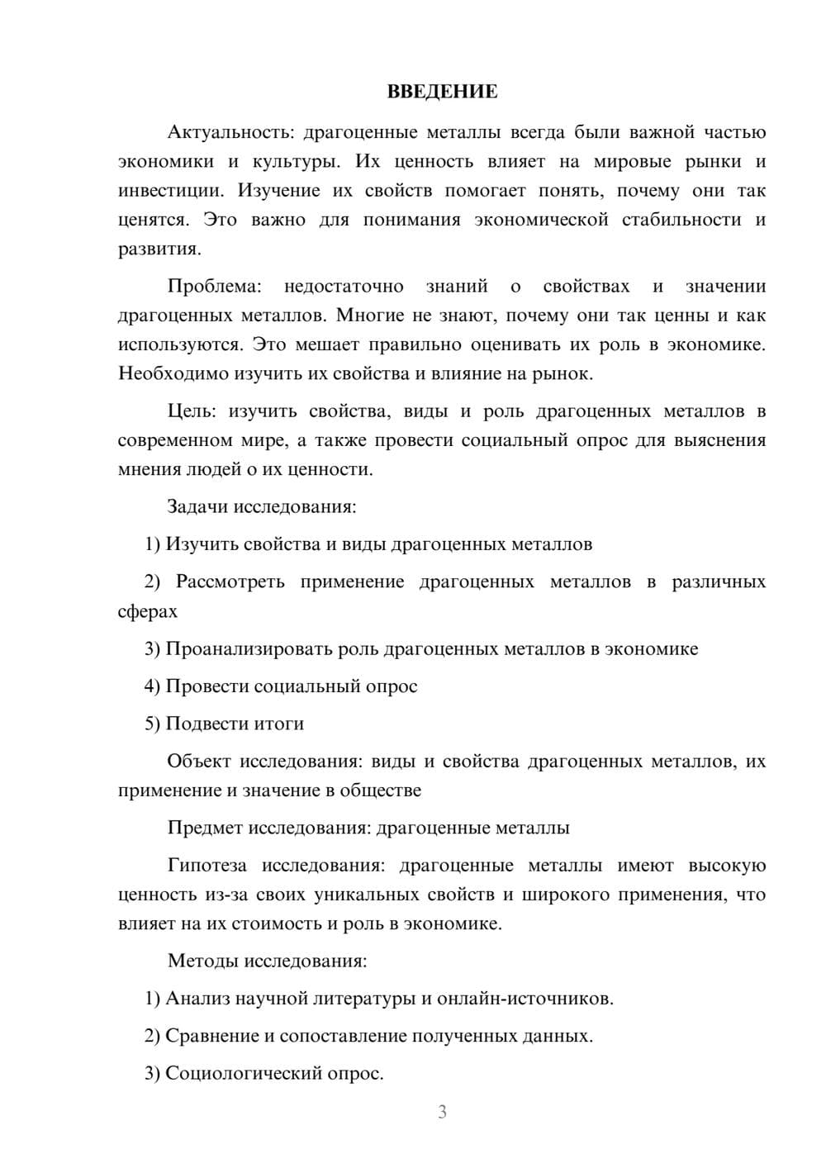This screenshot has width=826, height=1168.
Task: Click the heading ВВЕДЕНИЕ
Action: pyautogui.click(x=442, y=92)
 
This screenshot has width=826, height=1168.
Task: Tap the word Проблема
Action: pyautogui.click(x=214, y=287)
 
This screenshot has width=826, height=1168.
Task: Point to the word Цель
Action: pyautogui.click(x=191, y=411)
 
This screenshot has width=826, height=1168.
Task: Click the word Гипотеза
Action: pyautogui.click(x=206, y=866)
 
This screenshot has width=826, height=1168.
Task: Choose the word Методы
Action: pyautogui.click(x=202, y=961)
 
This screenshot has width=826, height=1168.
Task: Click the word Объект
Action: pyautogui.click(x=199, y=761)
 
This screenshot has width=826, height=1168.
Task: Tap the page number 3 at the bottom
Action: pyautogui.click(x=442, y=1112)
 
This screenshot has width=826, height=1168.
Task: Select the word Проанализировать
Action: pyautogui.click(x=249, y=648)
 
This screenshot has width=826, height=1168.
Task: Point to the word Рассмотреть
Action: pyautogui.click(x=230, y=582)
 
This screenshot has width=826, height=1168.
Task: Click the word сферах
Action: pyautogui.click(x=148, y=611)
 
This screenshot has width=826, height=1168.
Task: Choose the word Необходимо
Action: pyautogui.click(x=173, y=373)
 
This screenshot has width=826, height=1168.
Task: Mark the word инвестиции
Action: pyautogui.click(x=169, y=191)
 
